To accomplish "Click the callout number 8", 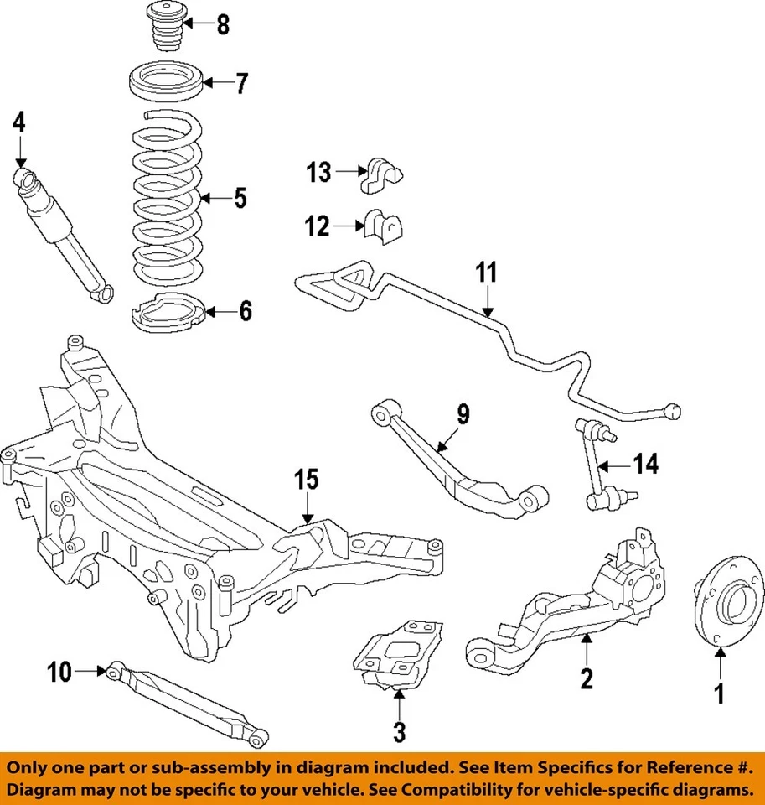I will click(x=223, y=25).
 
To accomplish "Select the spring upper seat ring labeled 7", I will click(x=166, y=84).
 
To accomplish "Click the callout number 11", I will click(x=487, y=273).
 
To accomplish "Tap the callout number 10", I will click(x=60, y=671).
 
